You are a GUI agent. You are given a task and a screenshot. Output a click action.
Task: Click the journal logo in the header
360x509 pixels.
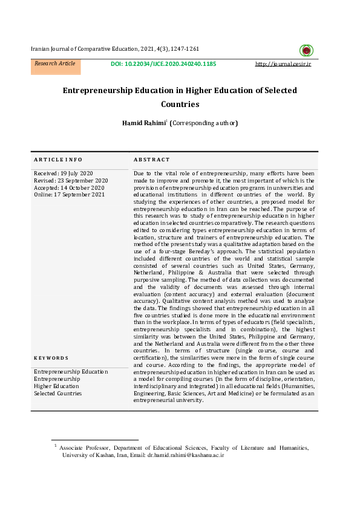[306, 51]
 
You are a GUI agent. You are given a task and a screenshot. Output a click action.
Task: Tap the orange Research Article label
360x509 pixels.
[55, 63]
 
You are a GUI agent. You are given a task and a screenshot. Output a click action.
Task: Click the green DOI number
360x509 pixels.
[163, 63]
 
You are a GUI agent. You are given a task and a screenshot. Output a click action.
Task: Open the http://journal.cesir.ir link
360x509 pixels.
[283, 63]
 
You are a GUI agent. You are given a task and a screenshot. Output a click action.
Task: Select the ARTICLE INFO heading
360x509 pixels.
[58, 160]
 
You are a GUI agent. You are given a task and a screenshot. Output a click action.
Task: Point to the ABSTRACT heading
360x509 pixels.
[152, 160]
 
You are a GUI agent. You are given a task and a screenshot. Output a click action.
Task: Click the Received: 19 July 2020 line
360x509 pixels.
[64, 173]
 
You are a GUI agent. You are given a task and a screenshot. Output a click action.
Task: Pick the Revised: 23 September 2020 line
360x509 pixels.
[71, 181]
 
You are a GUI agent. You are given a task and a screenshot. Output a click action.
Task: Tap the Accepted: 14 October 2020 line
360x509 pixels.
[69, 188]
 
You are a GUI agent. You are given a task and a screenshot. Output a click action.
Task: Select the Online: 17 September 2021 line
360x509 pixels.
[69, 195]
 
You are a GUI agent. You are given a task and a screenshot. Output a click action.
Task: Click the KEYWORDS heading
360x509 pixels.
[51, 358]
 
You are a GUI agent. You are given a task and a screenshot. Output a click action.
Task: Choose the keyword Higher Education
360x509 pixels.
[56, 386]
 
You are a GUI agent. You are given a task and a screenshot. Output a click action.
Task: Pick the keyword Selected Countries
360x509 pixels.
[57, 394]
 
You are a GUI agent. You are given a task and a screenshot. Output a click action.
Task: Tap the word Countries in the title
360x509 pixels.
[180, 104]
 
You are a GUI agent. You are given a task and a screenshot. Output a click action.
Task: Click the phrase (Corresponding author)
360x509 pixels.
[204, 123]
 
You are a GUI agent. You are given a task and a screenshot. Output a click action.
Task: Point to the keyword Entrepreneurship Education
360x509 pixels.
[71, 372]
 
